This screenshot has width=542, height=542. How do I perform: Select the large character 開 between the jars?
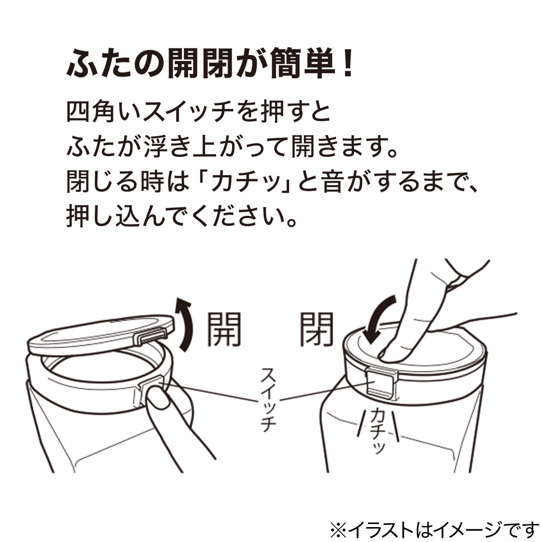tap(224, 330)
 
